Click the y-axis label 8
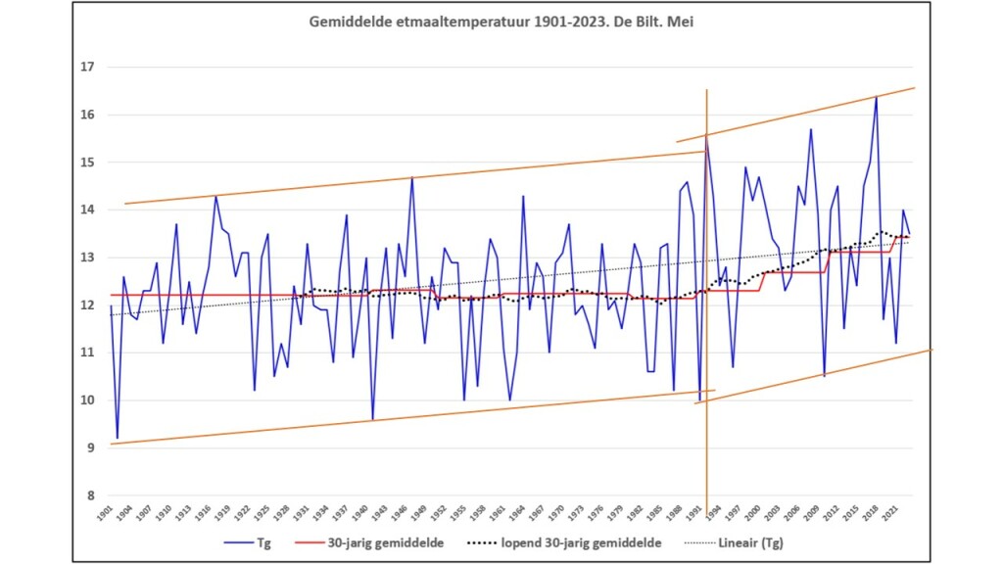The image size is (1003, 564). click(89, 495)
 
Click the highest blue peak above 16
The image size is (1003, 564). click(876, 97)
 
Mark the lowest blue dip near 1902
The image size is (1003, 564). click(118, 438)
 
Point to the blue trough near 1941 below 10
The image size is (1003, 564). click(373, 419)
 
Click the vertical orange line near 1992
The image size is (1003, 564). click(706, 294)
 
